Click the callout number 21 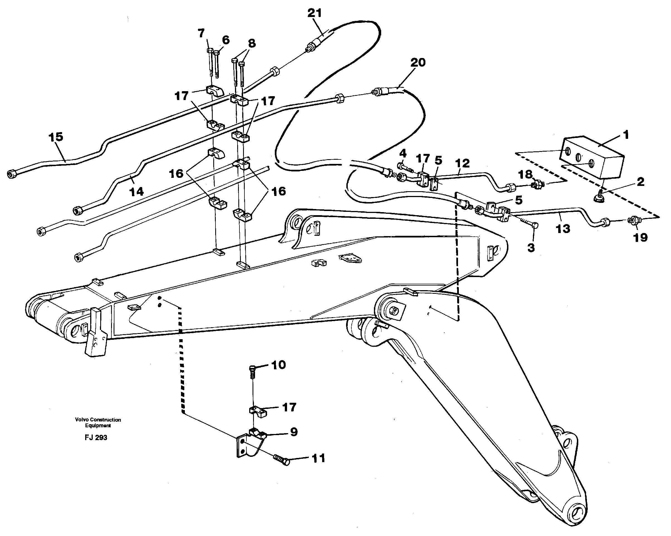click(x=314, y=13)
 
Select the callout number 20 click(x=418, y=63)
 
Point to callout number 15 click(x=56, y=137)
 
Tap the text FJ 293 click(x=96, y=438)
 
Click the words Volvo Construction click(x=98, y=420)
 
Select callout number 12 click(x=462, y=163)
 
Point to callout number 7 click(x=201, y=33)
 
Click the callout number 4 click(x=403, y=153)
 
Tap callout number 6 click(x=226, y=40)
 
